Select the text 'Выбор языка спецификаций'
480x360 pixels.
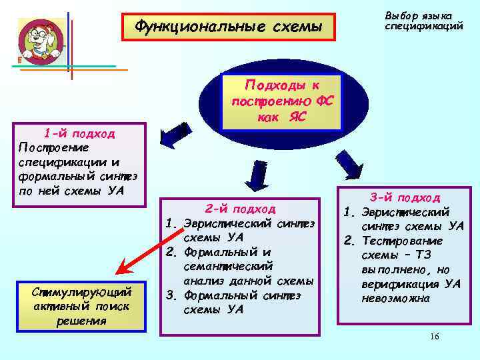[419, 21]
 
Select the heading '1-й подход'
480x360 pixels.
[79, 133]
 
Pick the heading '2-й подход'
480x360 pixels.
[241, 209]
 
